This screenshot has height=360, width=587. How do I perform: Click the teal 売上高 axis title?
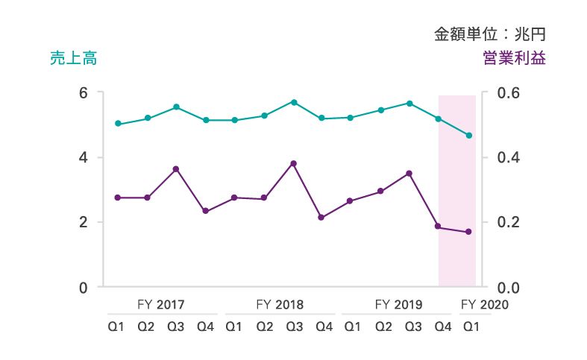pyautogui.click(x=73, y=59)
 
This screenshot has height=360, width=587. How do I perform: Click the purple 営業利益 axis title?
pyautogui.click(x=514, y=59)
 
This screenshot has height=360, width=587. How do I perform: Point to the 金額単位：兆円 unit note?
pyautogui.click(x=490, y=34)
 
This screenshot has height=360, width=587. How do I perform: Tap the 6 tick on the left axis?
pyautogui.click(x=84, y=93)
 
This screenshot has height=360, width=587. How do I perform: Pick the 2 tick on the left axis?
pyautogui.click(x=84, y=222)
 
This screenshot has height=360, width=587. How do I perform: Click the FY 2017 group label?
pyautogui.click(x=161, y=304)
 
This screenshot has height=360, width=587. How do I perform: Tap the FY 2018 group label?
pyautogui.click(x=280, y=304)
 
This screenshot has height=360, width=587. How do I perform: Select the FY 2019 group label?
pyautogui.click(x=398, y=304)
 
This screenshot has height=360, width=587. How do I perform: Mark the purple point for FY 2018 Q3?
pyautogui.click(x=293, y=163)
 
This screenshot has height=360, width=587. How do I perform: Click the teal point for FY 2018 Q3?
pyautogui.click(x=294, y=101)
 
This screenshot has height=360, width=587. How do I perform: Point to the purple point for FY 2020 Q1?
pyautogui.click(x=469, y=232)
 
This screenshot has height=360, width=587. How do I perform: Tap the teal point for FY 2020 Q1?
pyautogui.click(x=469, y=135)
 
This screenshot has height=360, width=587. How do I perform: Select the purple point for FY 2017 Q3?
pyautogui.click(x=176, y=169)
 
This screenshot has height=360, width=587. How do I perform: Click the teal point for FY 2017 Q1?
pyautogui.click(x=118, y=124)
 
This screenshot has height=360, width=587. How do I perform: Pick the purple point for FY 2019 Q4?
pyautogui.click(x=439, y=227)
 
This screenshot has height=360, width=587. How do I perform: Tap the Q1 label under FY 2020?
pyautogui.click(x=471, y=326)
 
